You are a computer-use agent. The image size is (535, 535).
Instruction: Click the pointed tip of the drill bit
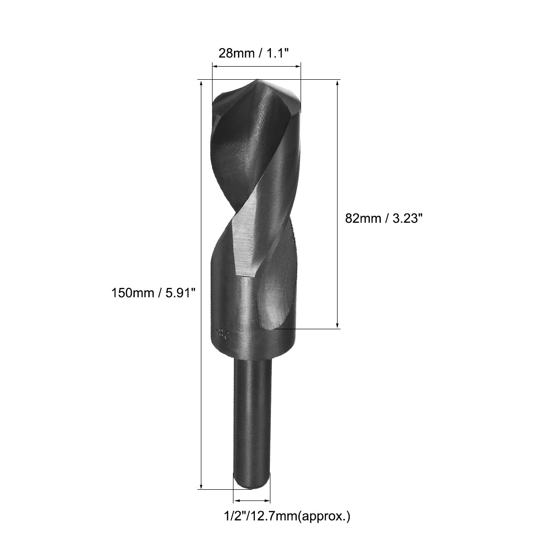coord(258,81)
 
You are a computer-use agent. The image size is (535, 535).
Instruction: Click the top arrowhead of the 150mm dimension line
coord(201,83)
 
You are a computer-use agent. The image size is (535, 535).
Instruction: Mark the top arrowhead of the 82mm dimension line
coord(338,83)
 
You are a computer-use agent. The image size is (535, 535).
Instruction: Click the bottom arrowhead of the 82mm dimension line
coord(338,325)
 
